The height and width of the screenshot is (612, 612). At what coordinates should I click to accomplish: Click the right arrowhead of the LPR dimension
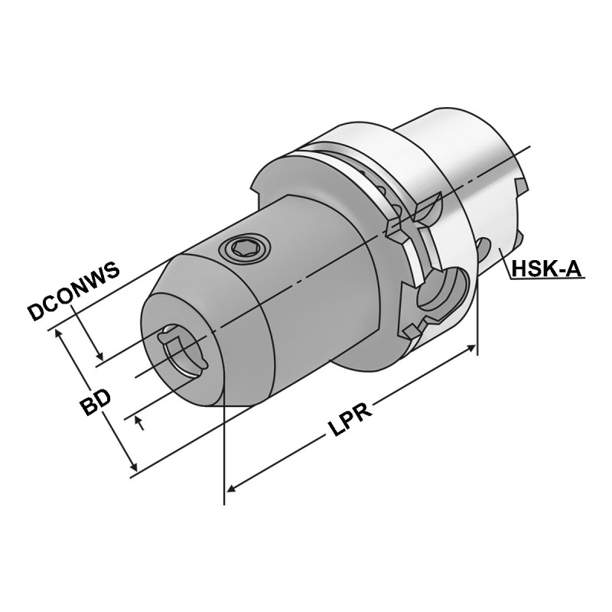pyautogui.click(x=472, y=349)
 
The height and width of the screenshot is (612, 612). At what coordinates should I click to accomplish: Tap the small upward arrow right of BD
pyautogui.click(x=139, y=420)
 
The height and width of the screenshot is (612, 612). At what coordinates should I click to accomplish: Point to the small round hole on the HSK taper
pyautogui.click(x=484, y=246)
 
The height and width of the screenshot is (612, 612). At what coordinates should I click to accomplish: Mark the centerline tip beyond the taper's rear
pyautogui.click(x=528, y=146)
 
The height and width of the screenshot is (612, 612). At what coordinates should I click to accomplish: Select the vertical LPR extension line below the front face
pyautogui.click(x=224, y=459)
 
